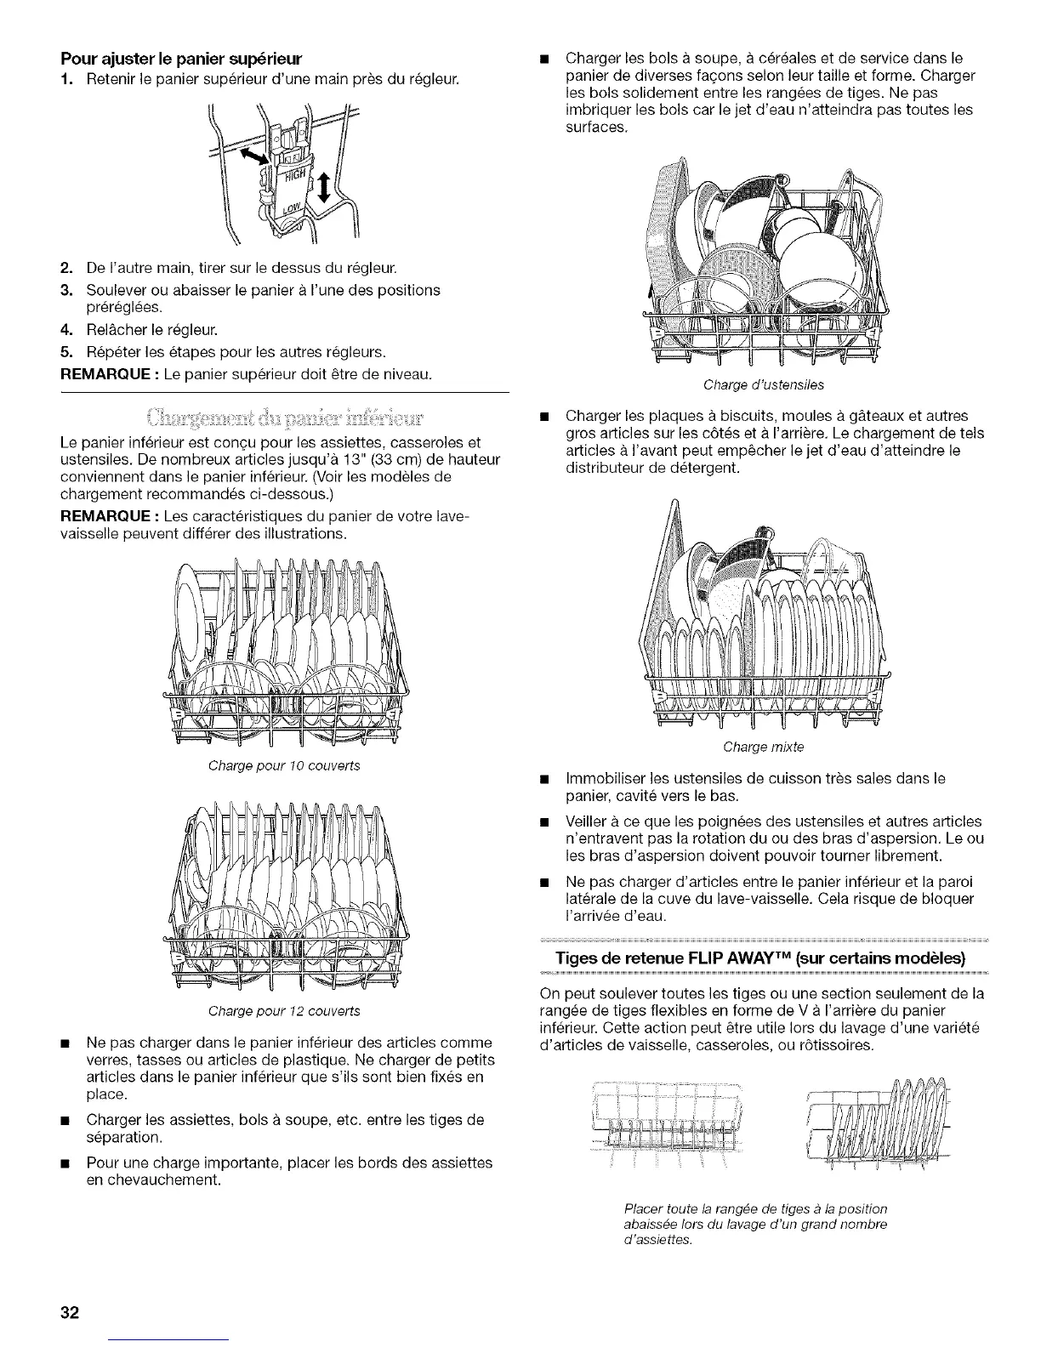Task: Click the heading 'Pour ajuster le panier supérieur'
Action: pyautogui.click(x=182, y=60)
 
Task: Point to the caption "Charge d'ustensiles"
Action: pyautogui.click(x=764, y=385)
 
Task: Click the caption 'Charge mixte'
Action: pyautogui.click(x=763, y=747)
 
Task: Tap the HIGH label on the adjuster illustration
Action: pyautogui.click(x=294, y=177)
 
